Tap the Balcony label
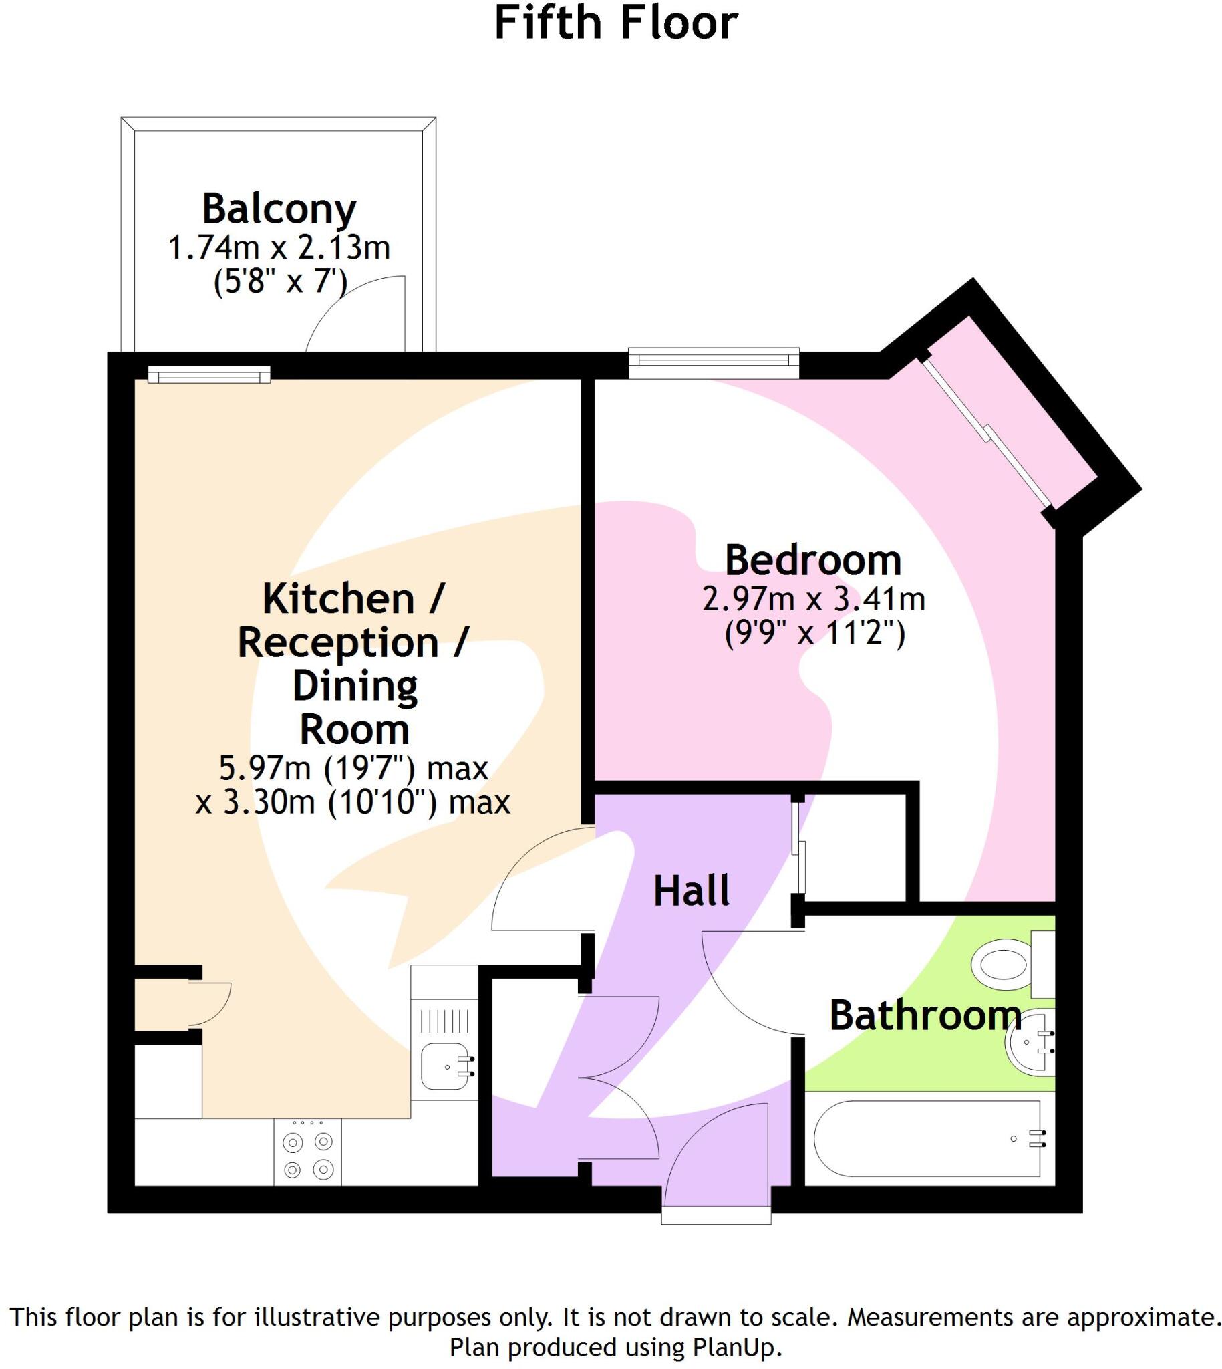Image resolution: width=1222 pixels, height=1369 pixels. [279, 209]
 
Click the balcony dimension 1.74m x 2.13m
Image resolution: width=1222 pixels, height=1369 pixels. [279, 248]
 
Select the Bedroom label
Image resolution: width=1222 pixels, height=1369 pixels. [812, 560]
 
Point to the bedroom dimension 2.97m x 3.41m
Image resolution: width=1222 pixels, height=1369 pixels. [813, 599]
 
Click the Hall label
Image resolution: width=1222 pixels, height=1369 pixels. [692, 892]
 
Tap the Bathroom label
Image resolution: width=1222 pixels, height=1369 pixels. [925, 1015]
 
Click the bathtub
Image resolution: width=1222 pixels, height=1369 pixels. [930, 1138]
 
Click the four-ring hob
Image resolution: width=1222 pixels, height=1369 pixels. [307, 1151]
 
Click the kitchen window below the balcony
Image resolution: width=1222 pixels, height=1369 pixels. [209, 374]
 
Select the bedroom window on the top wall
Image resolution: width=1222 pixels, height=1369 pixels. [713, 358]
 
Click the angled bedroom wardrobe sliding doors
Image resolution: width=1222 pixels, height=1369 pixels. [987, 433]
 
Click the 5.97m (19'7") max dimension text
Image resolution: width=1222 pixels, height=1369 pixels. [354, 769]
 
